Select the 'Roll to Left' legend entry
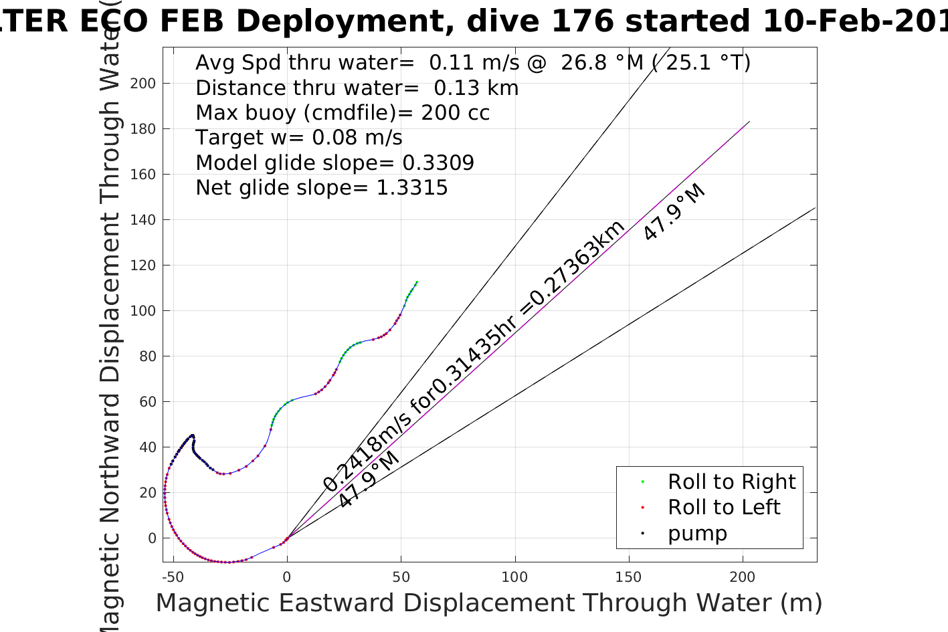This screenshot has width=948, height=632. tap(723, 508)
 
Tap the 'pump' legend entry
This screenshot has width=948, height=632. tap(696, 534)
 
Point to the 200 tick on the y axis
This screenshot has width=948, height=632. tap(143, 84)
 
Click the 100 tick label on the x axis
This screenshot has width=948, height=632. tap(514, 577)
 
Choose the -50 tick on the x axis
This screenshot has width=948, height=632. tap(173, 577)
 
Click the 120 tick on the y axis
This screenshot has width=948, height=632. tap(143, 266)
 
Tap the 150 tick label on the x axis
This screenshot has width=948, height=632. tap(628, 577)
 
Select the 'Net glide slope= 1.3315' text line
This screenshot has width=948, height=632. tap(321, 188)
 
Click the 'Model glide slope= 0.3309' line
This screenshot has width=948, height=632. tap(335, 163)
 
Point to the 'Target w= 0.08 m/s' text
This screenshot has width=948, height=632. tap(298, 138)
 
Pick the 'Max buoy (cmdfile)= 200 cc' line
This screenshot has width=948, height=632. tap(343, 113)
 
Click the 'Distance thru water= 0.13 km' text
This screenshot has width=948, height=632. tap(357, 88)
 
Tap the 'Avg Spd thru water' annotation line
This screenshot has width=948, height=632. tap(472, 63)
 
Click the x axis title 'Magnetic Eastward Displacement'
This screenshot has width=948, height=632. tap(488, 603)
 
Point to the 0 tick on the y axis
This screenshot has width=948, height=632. tap(152, 538)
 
